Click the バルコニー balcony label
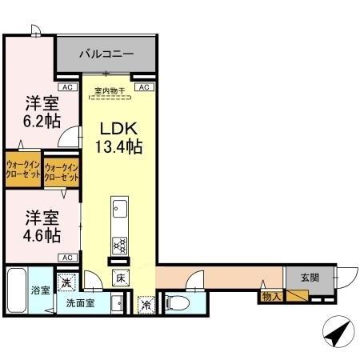[x=106, y=54]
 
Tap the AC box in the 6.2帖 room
[x=67, y=86]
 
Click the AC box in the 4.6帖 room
[x=67, y=257]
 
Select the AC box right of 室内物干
[x=144, y=86]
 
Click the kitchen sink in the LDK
[x=121, y=210]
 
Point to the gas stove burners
[x=120, y=244]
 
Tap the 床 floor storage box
[x=120, y=279]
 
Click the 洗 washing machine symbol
[x=69, y=281]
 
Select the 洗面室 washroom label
[x=80, y=303]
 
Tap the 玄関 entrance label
[x=310, y=278]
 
